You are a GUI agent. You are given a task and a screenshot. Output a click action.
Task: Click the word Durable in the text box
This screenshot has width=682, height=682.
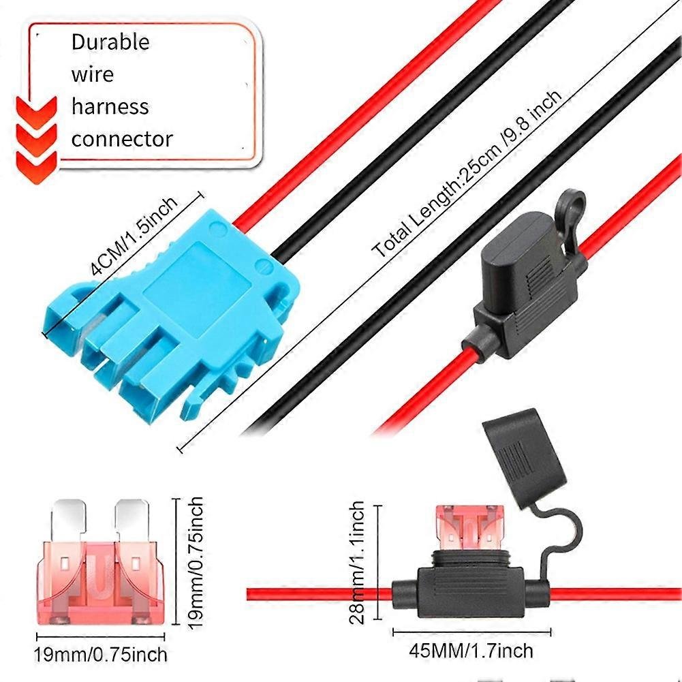110,42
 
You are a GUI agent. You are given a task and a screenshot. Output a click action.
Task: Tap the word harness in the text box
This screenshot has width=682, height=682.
110,107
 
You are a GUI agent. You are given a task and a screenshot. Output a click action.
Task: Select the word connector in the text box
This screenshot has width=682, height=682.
122,140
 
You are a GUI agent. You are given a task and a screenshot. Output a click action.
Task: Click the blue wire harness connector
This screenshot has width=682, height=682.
170,307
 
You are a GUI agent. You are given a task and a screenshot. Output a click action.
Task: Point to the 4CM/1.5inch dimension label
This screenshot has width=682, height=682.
134,235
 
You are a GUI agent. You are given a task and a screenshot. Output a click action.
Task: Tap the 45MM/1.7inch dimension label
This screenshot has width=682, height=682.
470,650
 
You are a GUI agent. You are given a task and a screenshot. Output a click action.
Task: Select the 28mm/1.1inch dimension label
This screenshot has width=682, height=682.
358,562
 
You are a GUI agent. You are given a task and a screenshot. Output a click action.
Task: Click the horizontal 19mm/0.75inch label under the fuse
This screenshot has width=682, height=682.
100,655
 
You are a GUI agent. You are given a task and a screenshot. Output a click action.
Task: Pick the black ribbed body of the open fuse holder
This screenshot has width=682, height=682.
470,586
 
